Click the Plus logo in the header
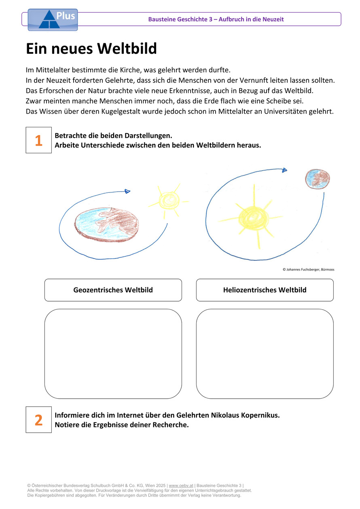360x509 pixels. (52, 19)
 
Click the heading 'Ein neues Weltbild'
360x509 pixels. (91, 49)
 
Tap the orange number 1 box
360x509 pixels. (39, 140)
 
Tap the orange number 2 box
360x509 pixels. (39, 420)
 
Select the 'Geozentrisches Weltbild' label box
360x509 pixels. (113, 290)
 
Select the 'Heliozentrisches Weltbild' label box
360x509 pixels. (265, 290)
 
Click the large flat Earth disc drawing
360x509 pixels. (107, 223)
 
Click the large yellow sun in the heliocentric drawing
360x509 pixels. (253, 218)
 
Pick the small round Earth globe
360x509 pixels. (317, 179)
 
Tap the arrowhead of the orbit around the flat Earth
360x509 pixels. (127, 191)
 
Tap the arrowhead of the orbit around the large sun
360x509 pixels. (285, 170)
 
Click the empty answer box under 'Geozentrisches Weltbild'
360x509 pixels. (113, 354)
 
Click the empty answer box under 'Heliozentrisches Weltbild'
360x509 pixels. (265, 354)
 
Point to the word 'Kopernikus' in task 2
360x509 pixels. (260, 415)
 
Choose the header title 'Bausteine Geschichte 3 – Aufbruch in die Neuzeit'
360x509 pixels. (216, 19)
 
